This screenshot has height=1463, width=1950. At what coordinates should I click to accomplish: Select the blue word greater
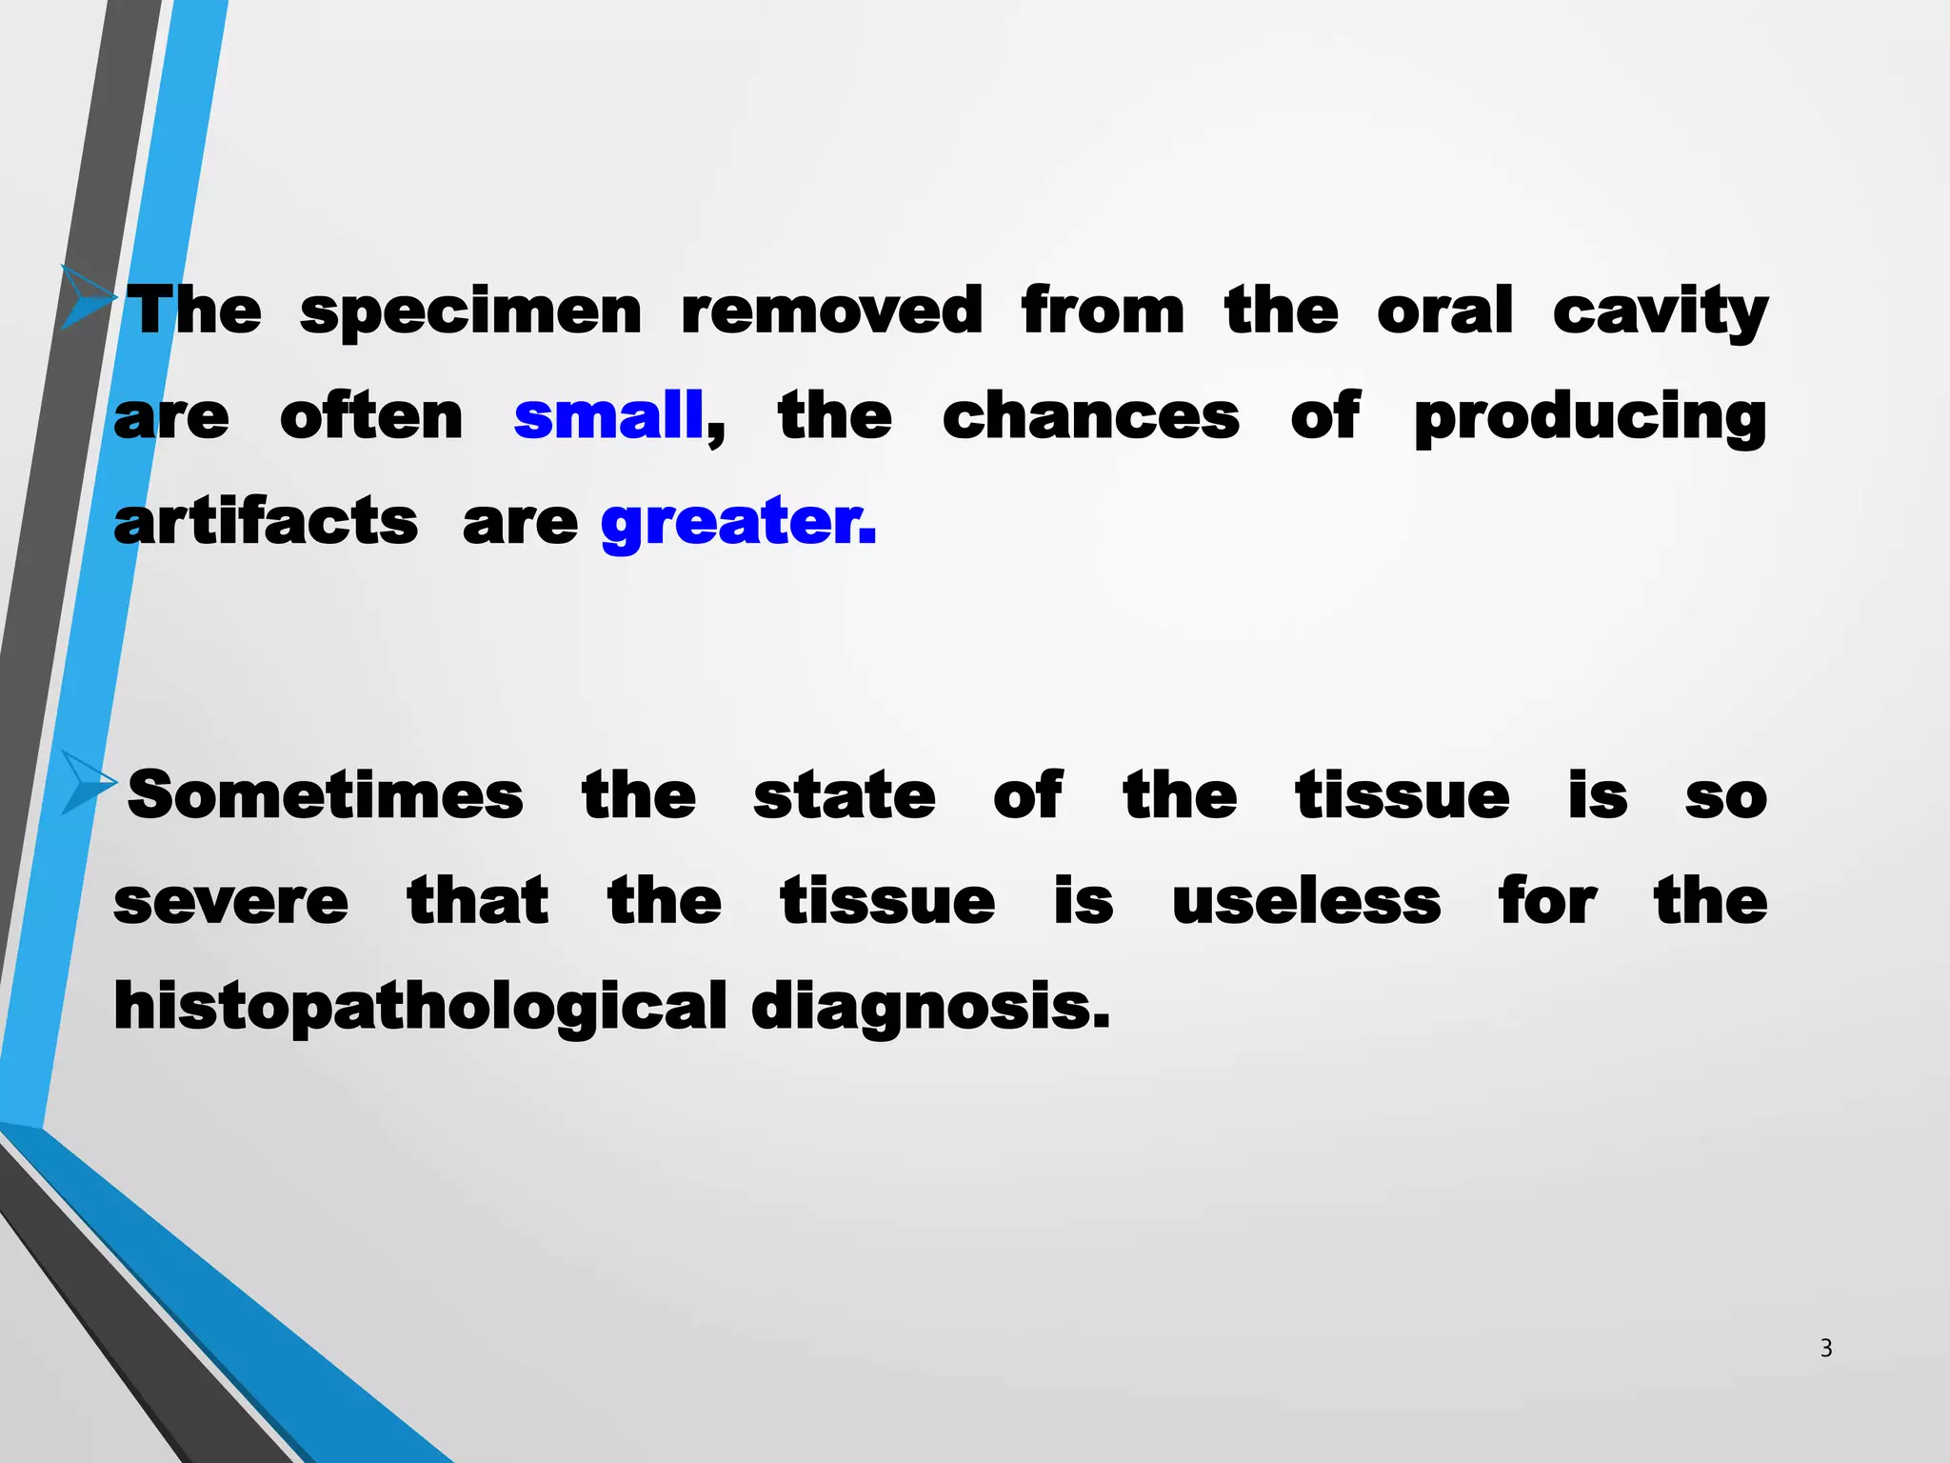pos(737,522)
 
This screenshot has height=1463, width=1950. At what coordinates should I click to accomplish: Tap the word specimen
pos(470,311)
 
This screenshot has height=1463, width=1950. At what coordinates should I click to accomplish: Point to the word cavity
pos(1660,311)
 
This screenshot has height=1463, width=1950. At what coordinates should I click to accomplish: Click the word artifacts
pos(266,522)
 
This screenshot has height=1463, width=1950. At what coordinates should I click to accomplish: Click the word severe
pos(231,902)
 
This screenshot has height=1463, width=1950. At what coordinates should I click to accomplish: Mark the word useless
pos(1305,901)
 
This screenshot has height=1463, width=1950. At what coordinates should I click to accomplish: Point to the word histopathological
pos(420,1008)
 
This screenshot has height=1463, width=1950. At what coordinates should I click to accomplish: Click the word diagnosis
pos(929,1008)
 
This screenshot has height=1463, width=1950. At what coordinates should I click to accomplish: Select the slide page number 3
pos(1825,1348)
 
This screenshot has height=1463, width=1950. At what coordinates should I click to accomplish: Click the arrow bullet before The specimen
pos(89,297)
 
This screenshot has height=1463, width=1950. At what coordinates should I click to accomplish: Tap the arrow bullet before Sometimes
pos(89,782)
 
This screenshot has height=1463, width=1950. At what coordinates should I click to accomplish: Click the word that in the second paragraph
pos(478,901)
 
